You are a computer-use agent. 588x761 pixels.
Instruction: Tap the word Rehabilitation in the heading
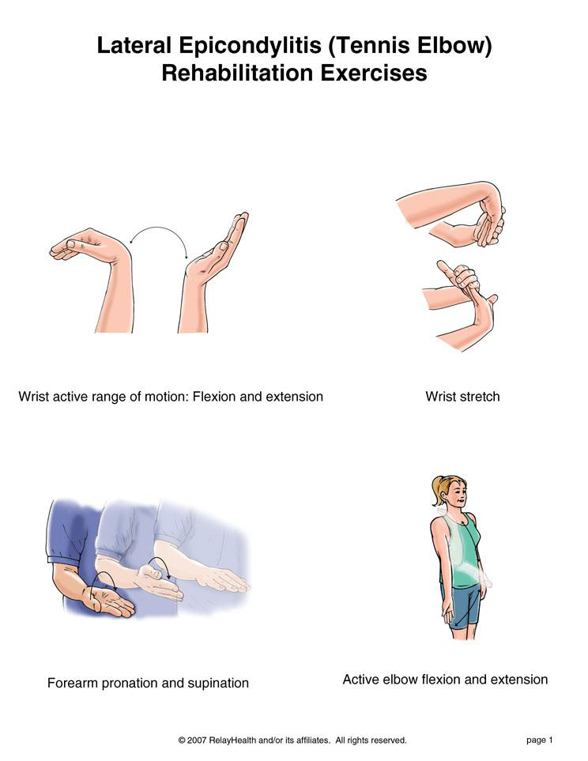pos(237,73)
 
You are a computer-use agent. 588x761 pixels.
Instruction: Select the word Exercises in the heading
pos(373,73)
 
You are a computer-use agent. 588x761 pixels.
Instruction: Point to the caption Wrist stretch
pos(462,397)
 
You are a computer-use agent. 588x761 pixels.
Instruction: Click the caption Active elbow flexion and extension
pos(445,680)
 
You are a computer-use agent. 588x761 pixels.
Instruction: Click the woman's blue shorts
pos(465,607)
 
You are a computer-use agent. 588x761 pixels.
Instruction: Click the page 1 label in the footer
pos(540,740)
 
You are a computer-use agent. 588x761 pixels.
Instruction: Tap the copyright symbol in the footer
pos(182,740)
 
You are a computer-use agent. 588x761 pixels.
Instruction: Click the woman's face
pos(457,495)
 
